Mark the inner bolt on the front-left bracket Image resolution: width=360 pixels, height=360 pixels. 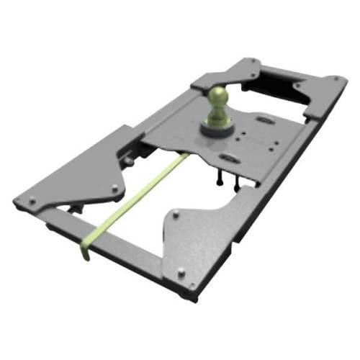(114, 189)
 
